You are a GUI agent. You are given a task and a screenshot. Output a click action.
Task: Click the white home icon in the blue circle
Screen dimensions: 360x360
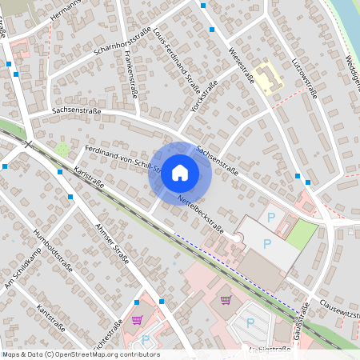pos(180,172)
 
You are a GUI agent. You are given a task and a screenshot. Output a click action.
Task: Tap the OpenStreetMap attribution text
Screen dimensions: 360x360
pos(80,354)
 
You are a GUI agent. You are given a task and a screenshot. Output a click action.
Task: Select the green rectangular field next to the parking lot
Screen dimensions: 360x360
pos(302,234)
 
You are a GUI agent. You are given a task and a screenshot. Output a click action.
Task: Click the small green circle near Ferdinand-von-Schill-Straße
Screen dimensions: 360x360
pos(62,149)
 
